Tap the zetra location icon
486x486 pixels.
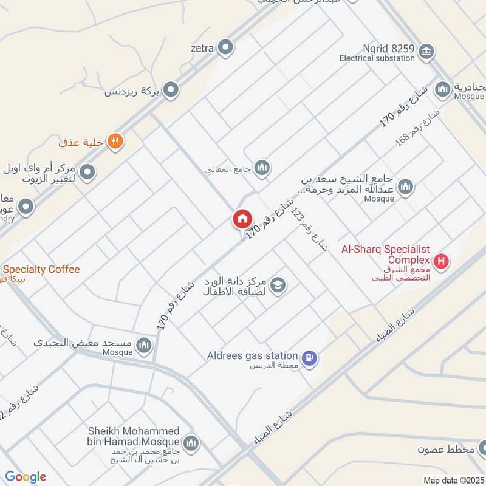pos(226,46)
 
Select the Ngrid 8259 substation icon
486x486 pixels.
pos(426,50)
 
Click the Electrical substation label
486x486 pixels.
pos(377,59)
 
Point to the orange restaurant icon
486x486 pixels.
pos(115,142)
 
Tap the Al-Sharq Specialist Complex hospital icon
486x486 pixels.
pos(442,262)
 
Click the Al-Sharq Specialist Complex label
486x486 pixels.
pos(385,255)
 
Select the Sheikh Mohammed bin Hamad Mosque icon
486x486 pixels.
pos(191,443)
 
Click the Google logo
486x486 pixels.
pos(25,477)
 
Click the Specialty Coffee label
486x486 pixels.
pos(41,269)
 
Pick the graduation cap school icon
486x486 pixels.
pos(278,284)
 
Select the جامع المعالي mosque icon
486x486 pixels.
pos(262,167)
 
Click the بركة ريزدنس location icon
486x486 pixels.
pos(171,91)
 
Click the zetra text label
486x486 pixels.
pos(202,47)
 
